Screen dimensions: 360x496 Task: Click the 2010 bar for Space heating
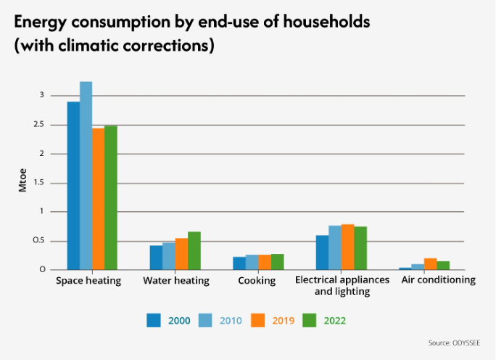tap(86, 175)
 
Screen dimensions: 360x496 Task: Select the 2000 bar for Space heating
tap(73, 185)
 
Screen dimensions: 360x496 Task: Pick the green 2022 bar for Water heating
tap(194, 250)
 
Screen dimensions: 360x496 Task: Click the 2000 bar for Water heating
tap(156, 257)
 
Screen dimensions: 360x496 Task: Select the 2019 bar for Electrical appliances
tap(347, 247)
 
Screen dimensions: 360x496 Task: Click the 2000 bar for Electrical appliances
tap(322, 252)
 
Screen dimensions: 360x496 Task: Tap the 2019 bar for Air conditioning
tap(430, 263)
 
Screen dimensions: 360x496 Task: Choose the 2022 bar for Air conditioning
tap(443, 265)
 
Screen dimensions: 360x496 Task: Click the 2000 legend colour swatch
tap(154, 319)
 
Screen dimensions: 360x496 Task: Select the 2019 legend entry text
tap(283, 319)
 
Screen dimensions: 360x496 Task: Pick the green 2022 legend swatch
tap(310, 319)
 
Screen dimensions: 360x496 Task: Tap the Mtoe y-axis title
tap(22, 182)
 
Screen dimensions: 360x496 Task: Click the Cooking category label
tap(257, 280)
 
